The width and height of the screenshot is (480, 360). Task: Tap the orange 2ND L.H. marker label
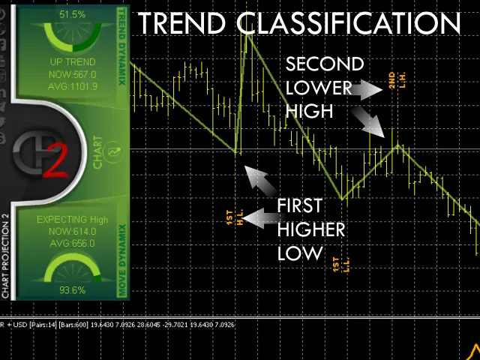(395, 82)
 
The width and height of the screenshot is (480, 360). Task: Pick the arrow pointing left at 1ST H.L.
(256, 218)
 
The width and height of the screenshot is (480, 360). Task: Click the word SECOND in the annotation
(325, 64)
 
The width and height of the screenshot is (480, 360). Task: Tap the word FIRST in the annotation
(299, 205)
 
